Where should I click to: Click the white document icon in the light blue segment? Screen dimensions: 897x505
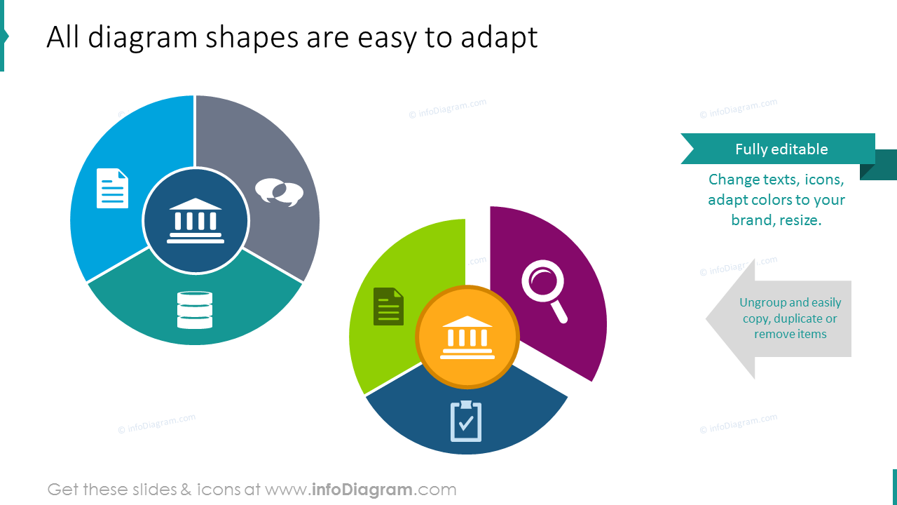pyautogui.click(x=113, y=189)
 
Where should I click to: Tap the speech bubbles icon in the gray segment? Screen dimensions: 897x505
pyautogui.click(x=279, y=192)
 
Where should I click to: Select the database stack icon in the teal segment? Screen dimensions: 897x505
pyautogui.click(x=195, y=310)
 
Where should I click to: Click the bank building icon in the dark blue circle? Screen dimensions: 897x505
pyautogui.click(x=196, y=221)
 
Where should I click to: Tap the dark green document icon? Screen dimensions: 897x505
pyautogui.click(x=388, y=307)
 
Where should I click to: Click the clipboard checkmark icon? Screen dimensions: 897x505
pyautogui.click(x=466, y=422)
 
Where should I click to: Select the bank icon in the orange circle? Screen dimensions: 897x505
pyautogui.click(x=467, y=337)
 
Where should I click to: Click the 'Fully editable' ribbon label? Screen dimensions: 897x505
pyautogui.click(x=781, y=149)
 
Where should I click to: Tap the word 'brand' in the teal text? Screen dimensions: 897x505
pyautogui.click(x=753, y=220)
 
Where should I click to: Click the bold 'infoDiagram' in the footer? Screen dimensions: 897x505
pyautogui.click(x=362, y=490)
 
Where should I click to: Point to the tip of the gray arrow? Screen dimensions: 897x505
pyautogui.click(x=706, y=319)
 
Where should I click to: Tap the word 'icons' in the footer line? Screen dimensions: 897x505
pyautogui.click(x=219, y=490)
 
